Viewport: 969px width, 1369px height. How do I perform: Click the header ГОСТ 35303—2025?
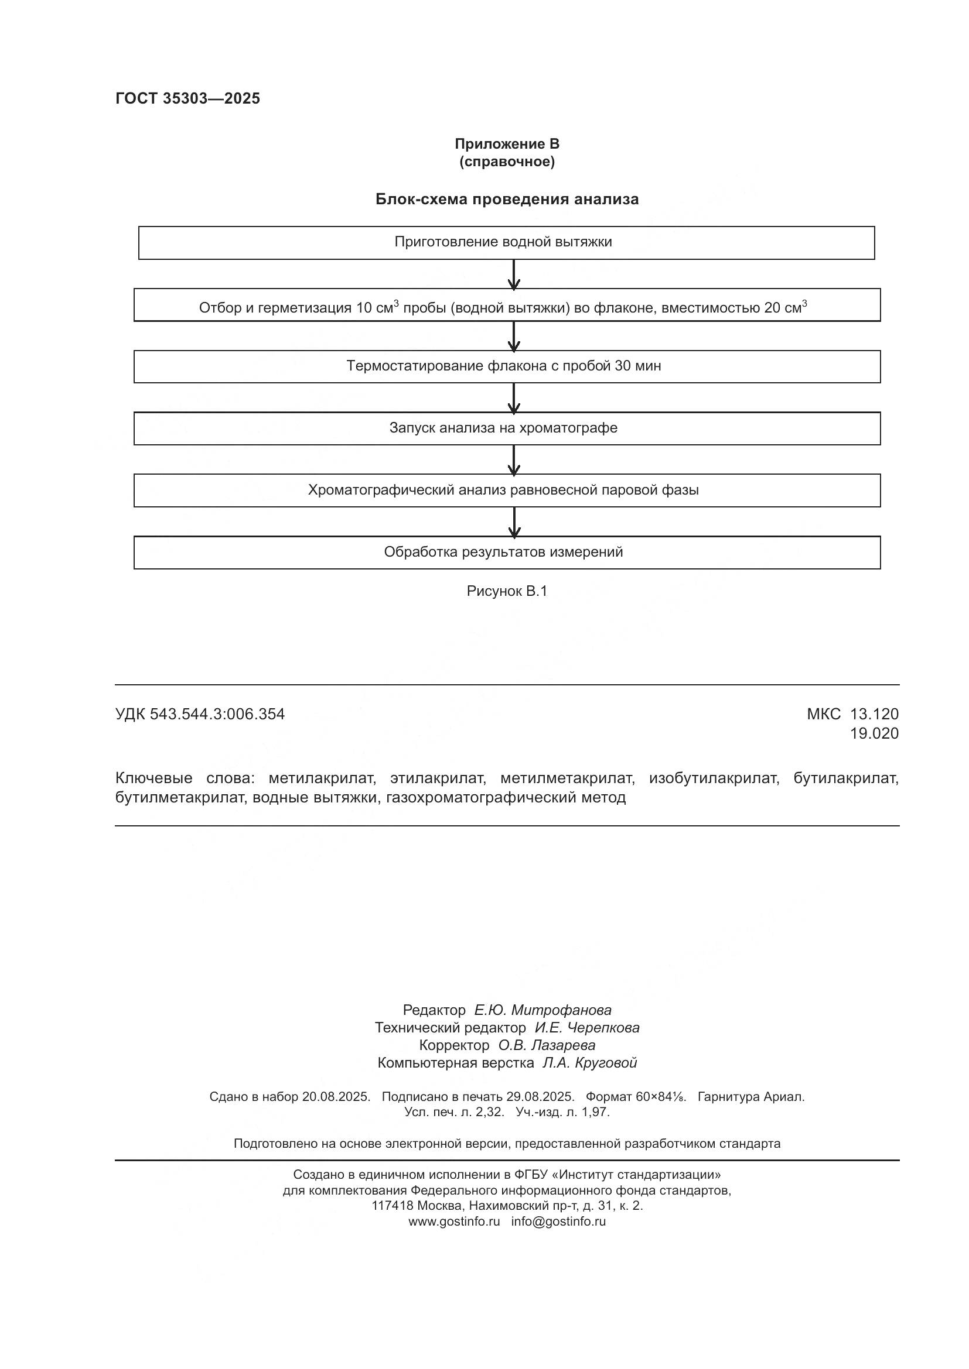(x=188, y=98)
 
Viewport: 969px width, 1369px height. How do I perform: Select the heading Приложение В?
(x=507, y=144)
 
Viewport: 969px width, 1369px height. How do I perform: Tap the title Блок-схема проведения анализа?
(x=507, y=199)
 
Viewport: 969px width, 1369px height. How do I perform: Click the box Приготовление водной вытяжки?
(x=506, y=243)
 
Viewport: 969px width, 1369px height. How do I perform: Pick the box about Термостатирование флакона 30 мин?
(x=507, y=366)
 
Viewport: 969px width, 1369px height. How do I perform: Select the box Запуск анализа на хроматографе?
(x=507, y=428)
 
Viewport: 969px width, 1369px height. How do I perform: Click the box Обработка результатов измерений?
(x=507, y=552)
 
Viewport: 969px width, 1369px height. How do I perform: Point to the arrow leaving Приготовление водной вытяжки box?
(x=514, y=275)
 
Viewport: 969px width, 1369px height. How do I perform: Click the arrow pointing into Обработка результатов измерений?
(x=514, y=521)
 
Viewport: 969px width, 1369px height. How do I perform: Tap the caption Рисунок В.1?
(x=507, y=591)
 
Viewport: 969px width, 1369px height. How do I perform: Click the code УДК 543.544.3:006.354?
(x=200, y=713)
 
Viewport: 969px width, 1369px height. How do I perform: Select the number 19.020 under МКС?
(x=874, y=733)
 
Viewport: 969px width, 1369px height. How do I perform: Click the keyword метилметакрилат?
(x=567, y=778)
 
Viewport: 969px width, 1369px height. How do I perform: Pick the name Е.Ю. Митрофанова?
(x=542, y=1010)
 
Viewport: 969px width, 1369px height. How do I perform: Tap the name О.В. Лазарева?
(x=547, y=1045)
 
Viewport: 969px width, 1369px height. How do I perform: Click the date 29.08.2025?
(x=540, y=1096)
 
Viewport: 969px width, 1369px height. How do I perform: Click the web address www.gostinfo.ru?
(x=454, y=1221)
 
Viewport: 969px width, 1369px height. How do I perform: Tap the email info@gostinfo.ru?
(x=558, y=1221)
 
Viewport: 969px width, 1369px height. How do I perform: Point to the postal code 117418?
(x=392, y=1206)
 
